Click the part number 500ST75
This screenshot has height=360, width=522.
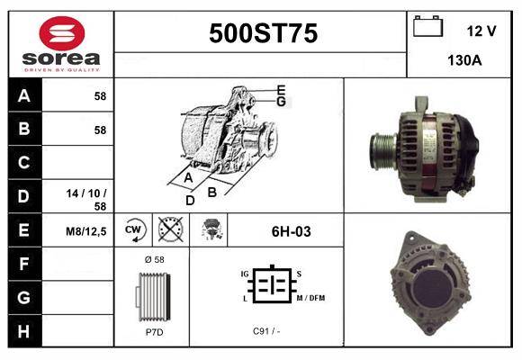(263, 33)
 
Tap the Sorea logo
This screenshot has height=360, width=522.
(61, 43)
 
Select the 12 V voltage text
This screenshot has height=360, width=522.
(481, 31)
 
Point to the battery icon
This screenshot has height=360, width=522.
(427, 27)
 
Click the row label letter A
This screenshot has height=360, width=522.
(24, 95)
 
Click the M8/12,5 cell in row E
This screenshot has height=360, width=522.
(88, 231)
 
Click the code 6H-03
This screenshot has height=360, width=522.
(291, 231)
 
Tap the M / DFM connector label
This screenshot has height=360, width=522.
(309, 298)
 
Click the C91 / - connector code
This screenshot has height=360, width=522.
(266, 331)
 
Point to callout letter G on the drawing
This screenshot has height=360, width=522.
(281, 102)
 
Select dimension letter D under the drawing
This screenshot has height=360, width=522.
(190, 200)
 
